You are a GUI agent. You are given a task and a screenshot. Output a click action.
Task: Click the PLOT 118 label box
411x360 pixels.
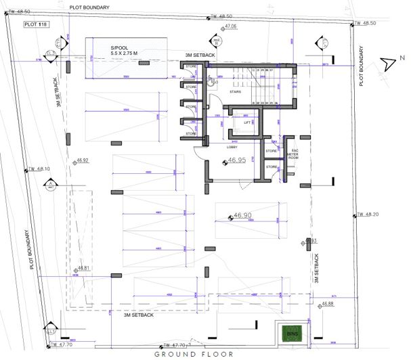click(x=33, y=24)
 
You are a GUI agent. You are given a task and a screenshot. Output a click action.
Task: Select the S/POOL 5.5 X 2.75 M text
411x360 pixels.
click(x=125, y=50)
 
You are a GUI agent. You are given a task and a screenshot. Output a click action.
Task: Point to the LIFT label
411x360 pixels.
click(x=238, y=123)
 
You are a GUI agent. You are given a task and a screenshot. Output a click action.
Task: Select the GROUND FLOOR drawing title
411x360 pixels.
click(x=194, y=354)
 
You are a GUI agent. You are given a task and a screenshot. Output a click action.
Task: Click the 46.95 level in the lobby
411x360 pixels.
click(x=236, y=161)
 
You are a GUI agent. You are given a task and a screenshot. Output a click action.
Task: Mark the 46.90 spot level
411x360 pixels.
click(x=242, y=216)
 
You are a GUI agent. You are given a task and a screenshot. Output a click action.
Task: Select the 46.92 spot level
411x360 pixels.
click(x=83, y=160)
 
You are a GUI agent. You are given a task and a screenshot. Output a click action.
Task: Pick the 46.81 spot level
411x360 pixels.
click(x=83, y=268)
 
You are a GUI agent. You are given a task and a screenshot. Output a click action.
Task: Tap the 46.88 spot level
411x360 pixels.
click(x=327, y=304)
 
